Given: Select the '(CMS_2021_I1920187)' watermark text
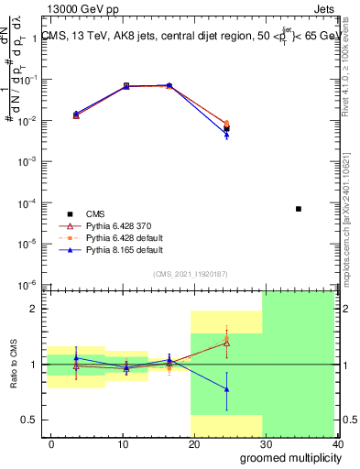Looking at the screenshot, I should tap(190, 273).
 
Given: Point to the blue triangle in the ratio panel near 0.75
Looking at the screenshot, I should tap(226, 389).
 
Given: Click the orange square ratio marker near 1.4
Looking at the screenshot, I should tap(226, 339).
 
